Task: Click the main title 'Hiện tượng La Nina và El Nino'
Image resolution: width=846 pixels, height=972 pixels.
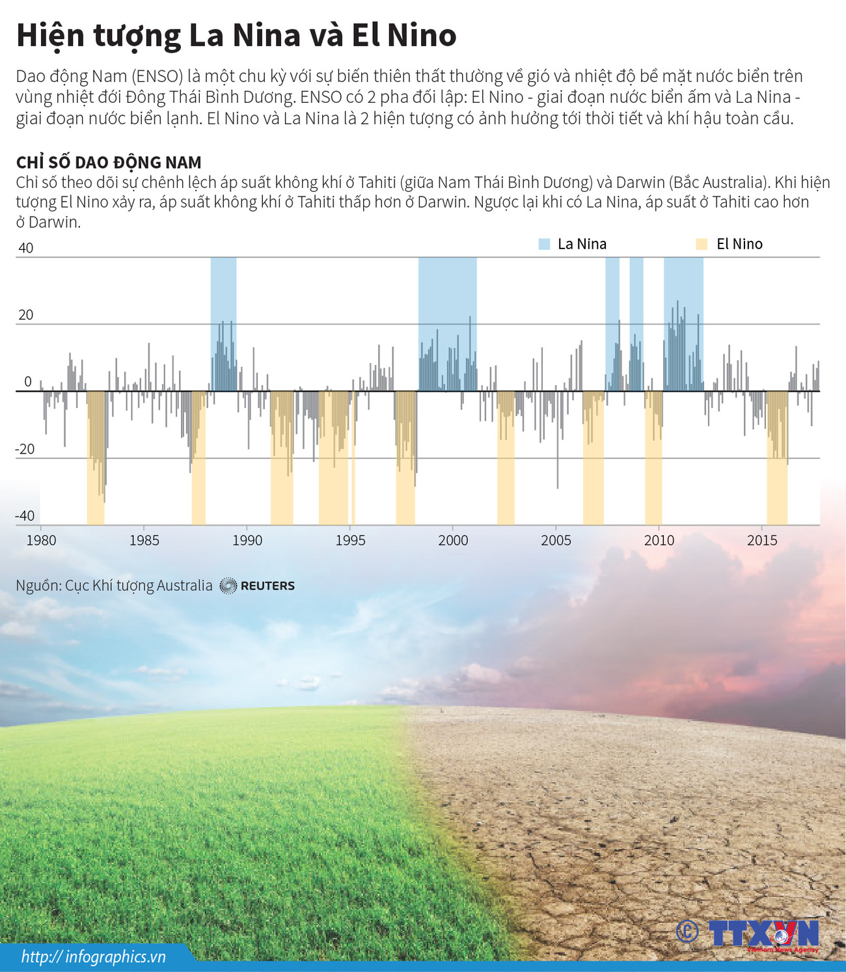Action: click(236, 36)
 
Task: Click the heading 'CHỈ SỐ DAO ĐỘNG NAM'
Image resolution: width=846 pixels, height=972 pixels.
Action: click(109, 162)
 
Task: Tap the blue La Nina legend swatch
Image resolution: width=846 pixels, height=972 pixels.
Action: click(544, 244)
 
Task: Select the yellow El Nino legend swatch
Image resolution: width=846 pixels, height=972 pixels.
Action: click(702, 244)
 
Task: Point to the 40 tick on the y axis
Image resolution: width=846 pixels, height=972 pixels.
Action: click(26, 248)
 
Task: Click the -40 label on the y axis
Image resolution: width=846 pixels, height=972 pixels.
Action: click(25, 516)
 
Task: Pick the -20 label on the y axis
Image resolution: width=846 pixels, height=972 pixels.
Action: click(25, 449)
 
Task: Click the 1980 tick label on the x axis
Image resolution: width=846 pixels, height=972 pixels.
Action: click(41, 540)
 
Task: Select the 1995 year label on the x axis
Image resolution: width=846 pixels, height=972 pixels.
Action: click(350, 540)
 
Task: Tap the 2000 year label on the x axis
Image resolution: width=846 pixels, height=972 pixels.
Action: click(453, 540)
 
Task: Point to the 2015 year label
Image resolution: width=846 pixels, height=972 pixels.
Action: click(762, 540)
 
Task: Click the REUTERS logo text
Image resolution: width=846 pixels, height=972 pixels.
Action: click(267, 586)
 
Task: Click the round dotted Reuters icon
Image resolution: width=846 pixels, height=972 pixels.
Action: click(228, 586)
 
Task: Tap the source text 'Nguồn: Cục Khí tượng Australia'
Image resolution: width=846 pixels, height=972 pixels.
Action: click(114, 586)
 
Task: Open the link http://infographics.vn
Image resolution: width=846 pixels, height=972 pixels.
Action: click(93, 956)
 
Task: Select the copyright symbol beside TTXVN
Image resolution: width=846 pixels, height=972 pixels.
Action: click(687, 932)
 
